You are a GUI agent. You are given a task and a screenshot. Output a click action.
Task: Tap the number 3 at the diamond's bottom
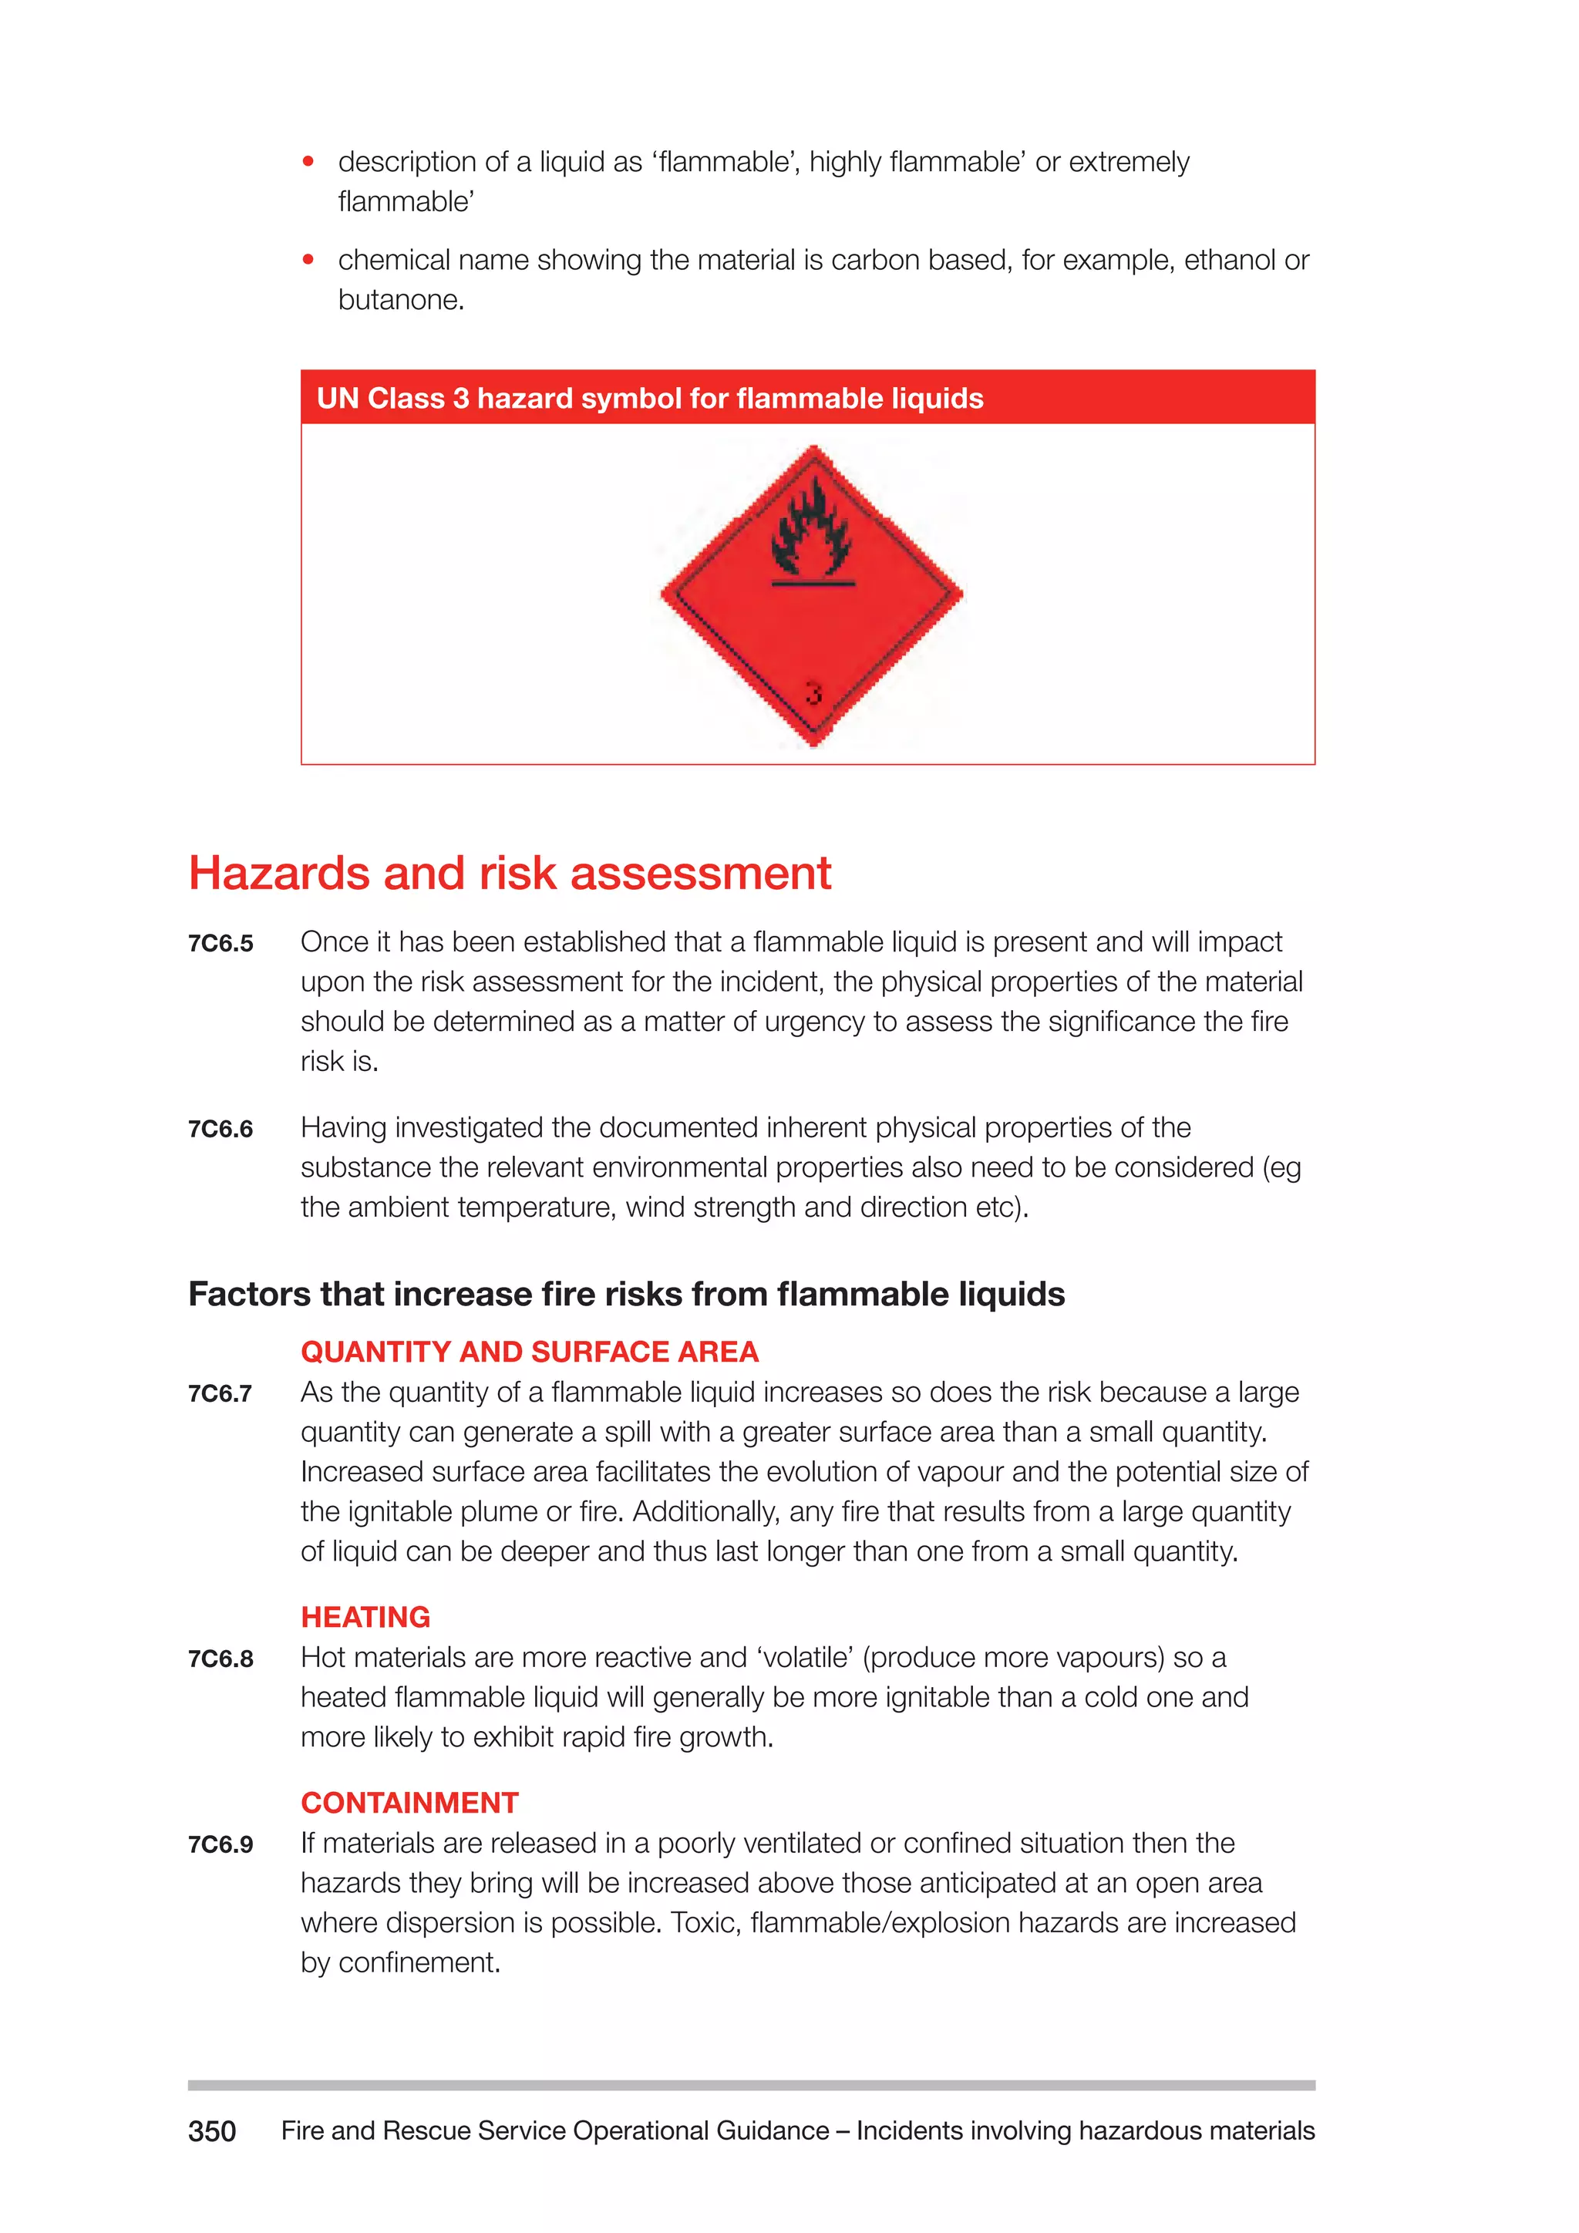point(814,693)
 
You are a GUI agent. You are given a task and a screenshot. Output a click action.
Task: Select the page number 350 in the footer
point(212,2131)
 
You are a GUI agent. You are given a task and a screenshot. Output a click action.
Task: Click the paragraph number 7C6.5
point(221,943)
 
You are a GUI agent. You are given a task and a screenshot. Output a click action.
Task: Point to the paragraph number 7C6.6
point(221,1129)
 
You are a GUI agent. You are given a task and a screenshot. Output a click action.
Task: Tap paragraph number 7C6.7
point(221,1393)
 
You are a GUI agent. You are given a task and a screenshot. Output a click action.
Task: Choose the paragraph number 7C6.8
point(221,1659)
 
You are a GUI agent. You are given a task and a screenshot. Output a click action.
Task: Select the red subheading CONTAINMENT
point(409,1802)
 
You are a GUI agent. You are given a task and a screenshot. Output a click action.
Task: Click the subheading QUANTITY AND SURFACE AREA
point(529,1351)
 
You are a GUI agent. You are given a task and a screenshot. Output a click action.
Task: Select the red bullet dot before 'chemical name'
point(308,260)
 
